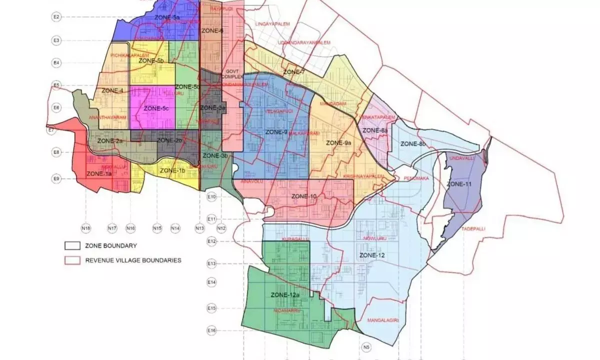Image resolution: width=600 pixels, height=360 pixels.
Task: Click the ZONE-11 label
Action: click(x=459, y=184)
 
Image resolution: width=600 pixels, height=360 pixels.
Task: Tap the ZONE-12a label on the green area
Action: click(x=284, y=295)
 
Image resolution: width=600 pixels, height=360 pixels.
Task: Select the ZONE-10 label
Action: click(x=304, y=196)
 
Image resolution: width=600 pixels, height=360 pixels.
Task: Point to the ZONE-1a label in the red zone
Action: click(x=99, y=174)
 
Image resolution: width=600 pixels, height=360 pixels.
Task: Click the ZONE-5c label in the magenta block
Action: click(x=156, y=108)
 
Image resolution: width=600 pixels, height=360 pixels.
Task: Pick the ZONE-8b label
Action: click(x=413, y=144)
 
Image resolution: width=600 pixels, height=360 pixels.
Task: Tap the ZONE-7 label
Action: click(x=294, y=72)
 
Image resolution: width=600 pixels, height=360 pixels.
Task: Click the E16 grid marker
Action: click(x=211, y=330)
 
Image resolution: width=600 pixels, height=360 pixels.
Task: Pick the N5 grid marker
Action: click(x=366, y=346)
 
